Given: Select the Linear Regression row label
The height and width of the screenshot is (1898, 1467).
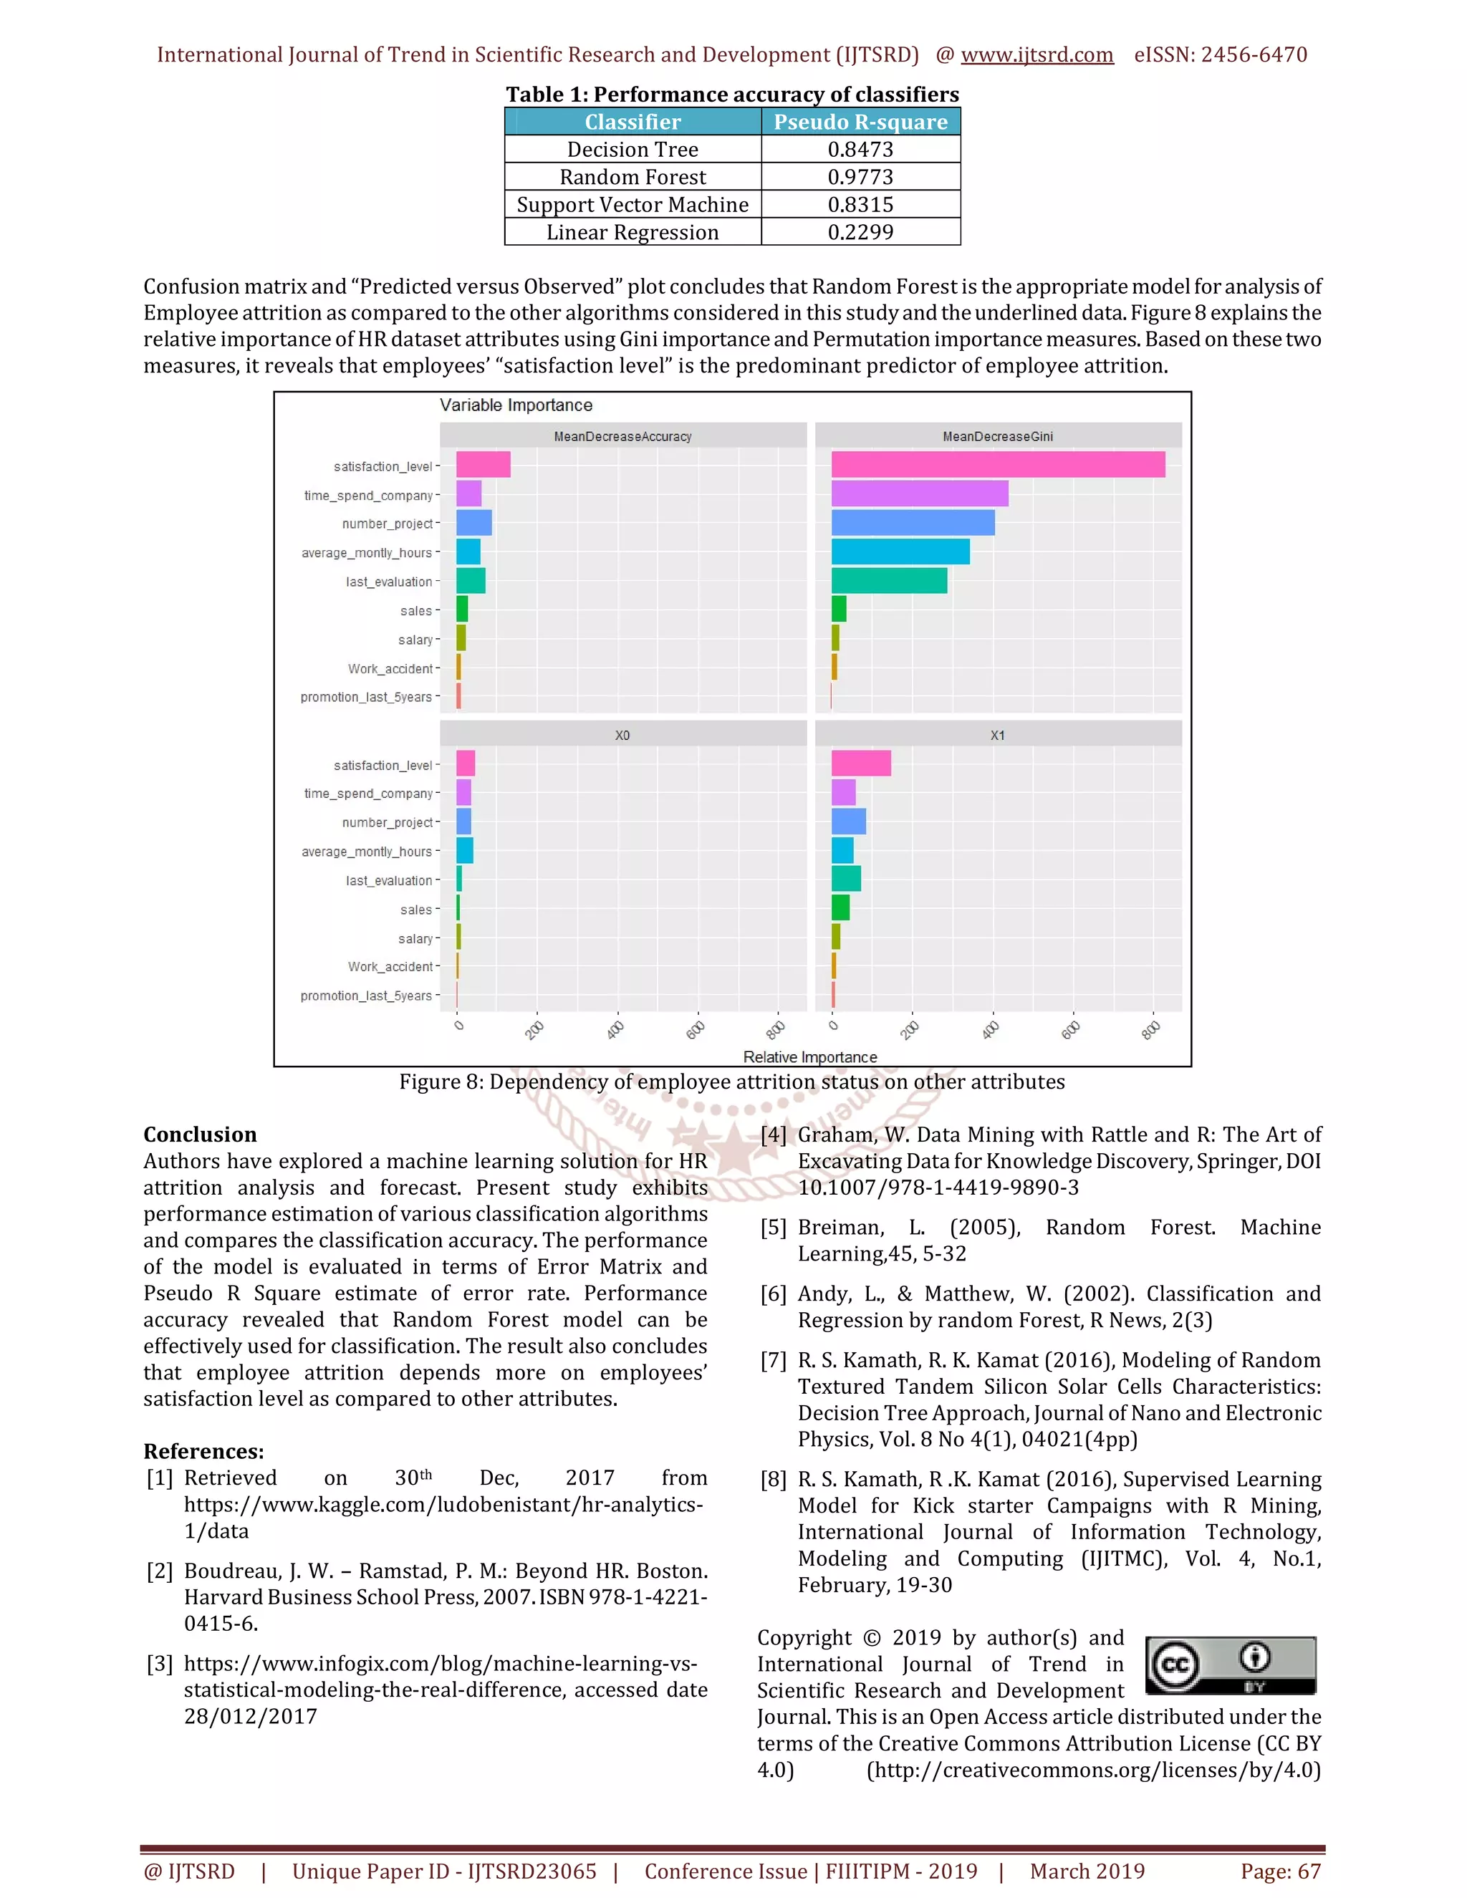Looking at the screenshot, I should [x=632, y=232].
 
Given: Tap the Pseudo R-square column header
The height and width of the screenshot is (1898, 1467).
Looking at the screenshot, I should [x=860, y=122].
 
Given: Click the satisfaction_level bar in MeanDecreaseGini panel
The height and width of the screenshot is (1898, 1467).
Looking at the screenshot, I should [x=997, y=465].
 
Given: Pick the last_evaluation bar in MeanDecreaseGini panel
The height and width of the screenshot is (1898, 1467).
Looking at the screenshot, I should [x=888, y=581].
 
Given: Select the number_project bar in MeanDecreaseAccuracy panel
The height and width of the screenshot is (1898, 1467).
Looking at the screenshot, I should [x=473, y=523].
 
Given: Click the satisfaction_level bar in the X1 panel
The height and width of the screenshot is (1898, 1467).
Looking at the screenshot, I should [x=860, y=763].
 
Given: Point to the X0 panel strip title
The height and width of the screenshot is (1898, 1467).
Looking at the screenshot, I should [x=622, y=736].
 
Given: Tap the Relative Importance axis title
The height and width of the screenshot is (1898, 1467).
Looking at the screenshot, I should [x=809, y=1056].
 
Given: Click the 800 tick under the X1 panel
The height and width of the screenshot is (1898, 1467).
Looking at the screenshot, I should [x=1150, y=1031].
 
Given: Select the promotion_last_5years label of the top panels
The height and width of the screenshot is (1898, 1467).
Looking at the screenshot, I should [x=366, y=697].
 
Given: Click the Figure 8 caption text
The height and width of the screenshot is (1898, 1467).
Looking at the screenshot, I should [x=732, y=1082].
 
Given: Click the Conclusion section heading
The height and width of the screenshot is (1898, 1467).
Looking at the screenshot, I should [x=200, y=1134].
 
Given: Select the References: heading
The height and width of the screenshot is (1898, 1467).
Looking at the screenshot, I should [x=203, y=1451].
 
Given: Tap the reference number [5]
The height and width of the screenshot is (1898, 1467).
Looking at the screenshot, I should [x=773, y=1228].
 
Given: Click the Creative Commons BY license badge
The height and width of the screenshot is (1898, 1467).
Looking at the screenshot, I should [x=1230, y=1665].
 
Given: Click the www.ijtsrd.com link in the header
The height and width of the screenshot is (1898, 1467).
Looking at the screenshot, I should [x=1036, y=54].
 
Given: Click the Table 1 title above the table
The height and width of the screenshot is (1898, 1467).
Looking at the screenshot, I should [x=732, y=94].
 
